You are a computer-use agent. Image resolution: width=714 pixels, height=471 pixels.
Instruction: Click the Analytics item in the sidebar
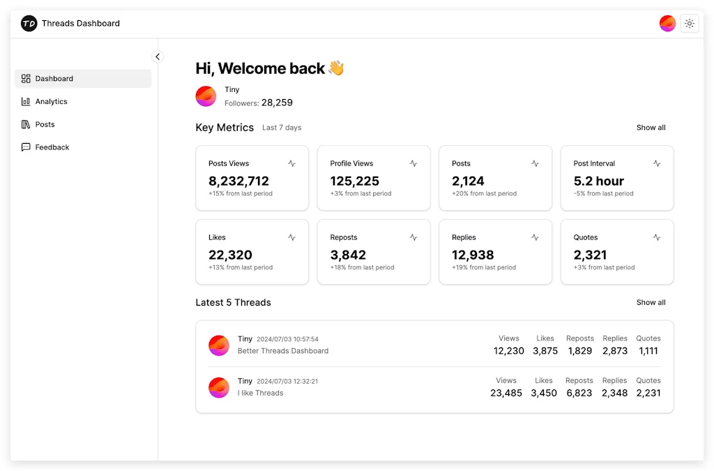pyautogui.click(x=51, y=102)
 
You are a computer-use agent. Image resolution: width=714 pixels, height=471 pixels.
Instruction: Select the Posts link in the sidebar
pyautogui.click(x=45, y=124)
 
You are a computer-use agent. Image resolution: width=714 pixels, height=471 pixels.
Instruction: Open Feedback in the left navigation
pyautogui.click(x=52, y=147)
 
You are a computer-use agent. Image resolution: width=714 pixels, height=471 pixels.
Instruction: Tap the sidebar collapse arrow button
pyautogui.click(x=158, y=57)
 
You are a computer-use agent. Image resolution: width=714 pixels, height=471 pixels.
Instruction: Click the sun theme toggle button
pyautogui.click(x=689, y=24)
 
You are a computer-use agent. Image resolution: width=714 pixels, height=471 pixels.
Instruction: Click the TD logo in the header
pyautogui.click(x=29, y=24)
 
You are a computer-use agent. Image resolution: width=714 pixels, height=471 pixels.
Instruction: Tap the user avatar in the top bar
pyautogui.click(x=667, y=24)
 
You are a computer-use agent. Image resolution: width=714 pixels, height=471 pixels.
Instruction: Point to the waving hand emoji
pyautogui.click(x=336, y=68)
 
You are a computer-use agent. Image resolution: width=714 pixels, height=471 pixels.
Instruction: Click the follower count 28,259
pyautogui.click(x=277, y=103)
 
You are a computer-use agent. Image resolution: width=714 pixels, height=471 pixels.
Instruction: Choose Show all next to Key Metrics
pyautogui.click(x=651, y=128)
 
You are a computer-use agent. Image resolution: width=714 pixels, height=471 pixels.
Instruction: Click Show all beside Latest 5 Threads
pyautogui.click(x=651, y=303)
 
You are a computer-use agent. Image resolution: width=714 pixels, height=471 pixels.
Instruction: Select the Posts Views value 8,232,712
pyautogui.click(x=238, y=181)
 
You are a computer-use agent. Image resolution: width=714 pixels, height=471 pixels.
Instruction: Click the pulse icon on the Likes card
pyautogui.click(x=291, y=237)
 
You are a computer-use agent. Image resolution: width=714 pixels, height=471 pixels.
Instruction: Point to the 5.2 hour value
pyautogui.click(x=598, y=181)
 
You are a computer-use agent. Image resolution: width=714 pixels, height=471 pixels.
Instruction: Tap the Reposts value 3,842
pyautogui.click(x=348, y=255)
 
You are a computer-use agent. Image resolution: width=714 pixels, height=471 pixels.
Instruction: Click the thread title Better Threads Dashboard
pyautogui.click(x=282, y=351)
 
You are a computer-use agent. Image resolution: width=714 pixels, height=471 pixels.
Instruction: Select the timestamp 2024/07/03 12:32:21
pyautogui.click(x=287, y=382)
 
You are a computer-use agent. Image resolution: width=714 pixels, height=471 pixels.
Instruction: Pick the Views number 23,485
pyautogui.click(x=506, y=393)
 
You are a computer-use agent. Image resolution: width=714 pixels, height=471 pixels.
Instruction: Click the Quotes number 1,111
pyautogui.click(x=648, y=351)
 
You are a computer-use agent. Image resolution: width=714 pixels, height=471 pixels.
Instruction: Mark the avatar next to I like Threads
pyautogui.click(x=219, y=387)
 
